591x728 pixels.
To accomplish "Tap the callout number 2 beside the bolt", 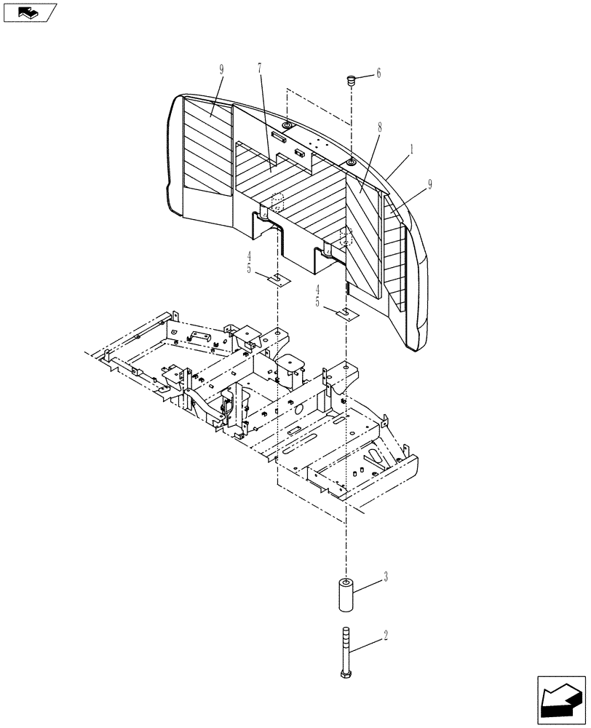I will tap(385, 636).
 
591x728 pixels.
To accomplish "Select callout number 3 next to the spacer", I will tap(385, 577).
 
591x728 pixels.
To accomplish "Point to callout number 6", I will tap(378, 74).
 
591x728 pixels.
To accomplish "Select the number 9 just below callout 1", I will tap(429, 185).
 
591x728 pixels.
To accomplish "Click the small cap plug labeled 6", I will tap(349, 80).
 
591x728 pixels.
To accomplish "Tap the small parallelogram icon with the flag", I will tap(29, 12).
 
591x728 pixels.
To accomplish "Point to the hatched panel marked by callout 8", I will tap(362, 233).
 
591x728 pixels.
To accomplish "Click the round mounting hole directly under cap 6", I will tap(350, 162).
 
